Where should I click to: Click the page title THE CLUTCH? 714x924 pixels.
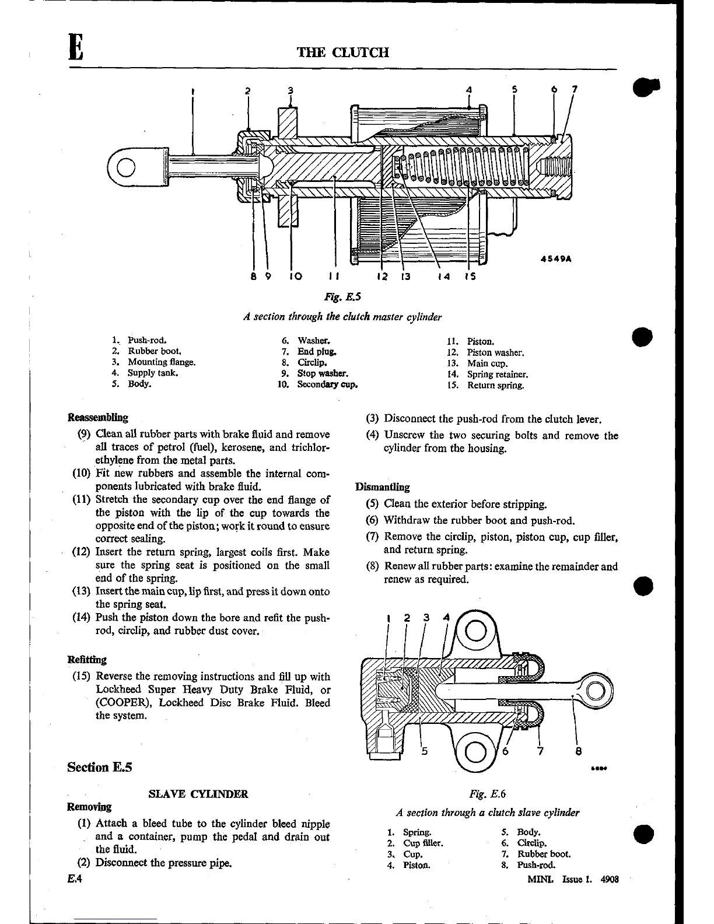343,52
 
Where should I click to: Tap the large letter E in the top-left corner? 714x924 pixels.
76,47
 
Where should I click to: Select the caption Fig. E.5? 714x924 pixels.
342,297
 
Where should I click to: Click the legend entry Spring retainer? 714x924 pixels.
497,374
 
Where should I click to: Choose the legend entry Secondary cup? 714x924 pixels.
327,384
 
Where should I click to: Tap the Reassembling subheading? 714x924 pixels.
98,418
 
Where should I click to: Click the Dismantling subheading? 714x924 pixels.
383,487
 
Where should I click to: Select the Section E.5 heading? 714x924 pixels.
100,767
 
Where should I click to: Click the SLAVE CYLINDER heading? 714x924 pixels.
198,794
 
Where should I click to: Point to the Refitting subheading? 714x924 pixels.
87,660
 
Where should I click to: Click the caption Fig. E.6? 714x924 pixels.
487,793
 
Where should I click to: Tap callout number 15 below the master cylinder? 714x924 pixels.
470,276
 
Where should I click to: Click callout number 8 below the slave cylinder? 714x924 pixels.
578,752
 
